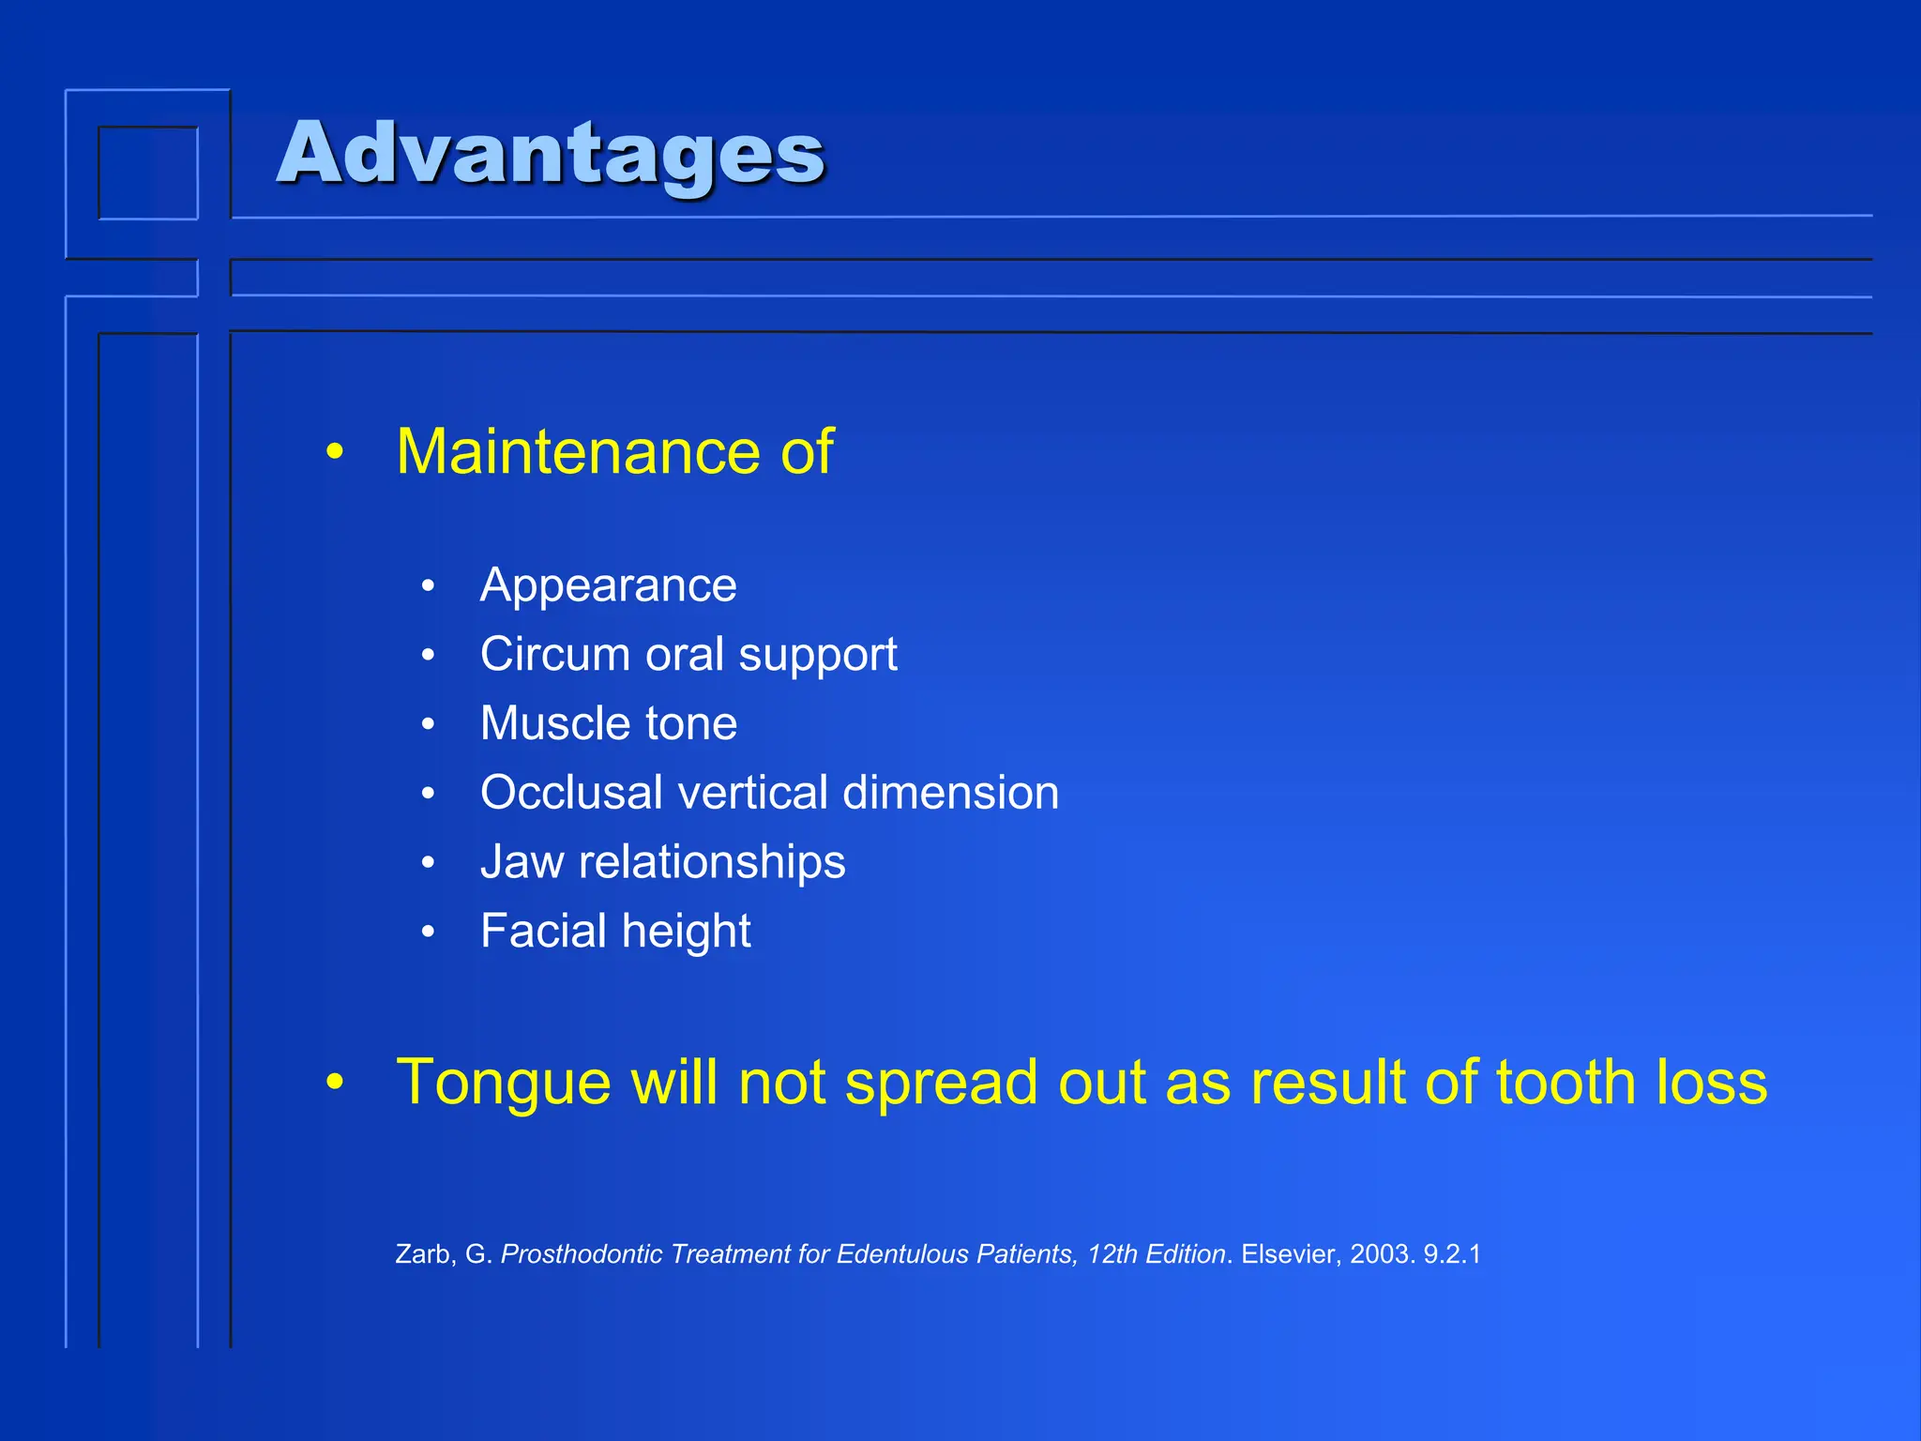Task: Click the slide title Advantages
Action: [551, 153]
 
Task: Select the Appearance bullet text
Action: [608, 585]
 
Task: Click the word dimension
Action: [950, 793]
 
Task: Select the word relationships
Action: [711, 862]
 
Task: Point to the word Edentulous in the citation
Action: [901, 1254]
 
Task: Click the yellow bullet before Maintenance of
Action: [335, 453]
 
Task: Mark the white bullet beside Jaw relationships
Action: [428, 862]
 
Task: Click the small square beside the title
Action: [148, 173]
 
